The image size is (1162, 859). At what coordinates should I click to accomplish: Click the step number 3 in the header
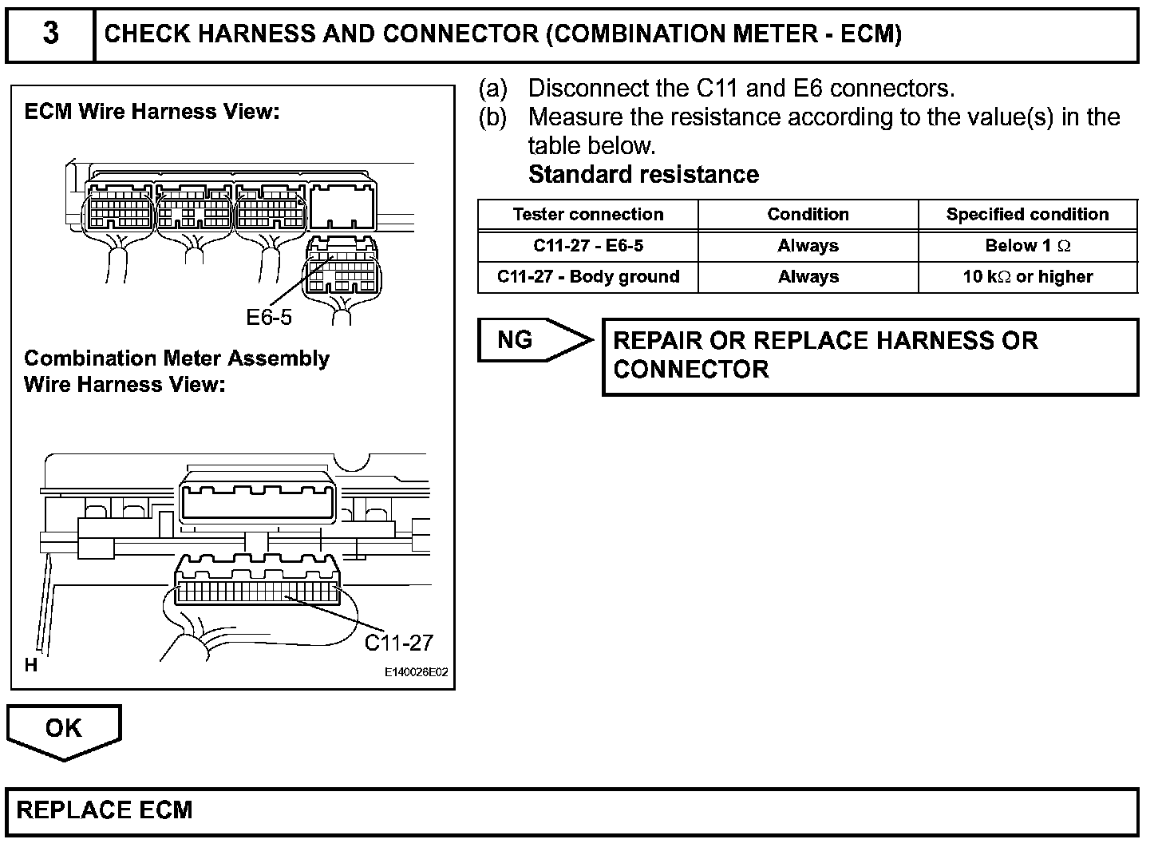(x=51, y=33)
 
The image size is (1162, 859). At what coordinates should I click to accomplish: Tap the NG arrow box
(x=535, y=339)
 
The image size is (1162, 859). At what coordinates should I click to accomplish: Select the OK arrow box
(x=64, y=732)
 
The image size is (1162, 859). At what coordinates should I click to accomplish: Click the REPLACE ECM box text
(x=105, y=810)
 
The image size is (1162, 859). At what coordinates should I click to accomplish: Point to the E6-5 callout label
(x=269, y=317)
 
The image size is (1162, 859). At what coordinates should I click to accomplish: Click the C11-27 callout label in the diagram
(x=399, y=643)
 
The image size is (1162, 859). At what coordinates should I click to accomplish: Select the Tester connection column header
(x=588, y=215)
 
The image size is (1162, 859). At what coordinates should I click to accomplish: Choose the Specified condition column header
(x=1027, y=215)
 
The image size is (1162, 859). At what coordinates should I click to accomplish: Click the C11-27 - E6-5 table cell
(x=588, y=245)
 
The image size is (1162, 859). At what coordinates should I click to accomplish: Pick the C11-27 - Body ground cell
(x=588, y=276)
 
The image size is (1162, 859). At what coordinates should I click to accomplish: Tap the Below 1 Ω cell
(x=1027, y=245)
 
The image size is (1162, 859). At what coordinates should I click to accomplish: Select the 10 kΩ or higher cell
(x=1027, y=276)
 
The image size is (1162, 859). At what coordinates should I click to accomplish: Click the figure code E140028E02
(x=416, y=672)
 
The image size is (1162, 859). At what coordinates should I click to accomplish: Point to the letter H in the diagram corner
(x=31, y=665)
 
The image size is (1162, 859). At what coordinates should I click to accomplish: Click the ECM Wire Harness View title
(x=152, y=112)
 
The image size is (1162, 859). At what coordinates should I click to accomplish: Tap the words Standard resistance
(x=643, y=174)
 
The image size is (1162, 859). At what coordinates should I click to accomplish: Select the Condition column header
(x=808, y=215)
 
